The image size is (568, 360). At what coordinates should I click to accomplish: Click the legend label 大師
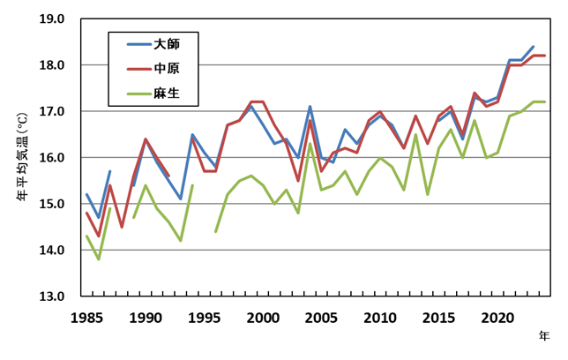pos(167,43)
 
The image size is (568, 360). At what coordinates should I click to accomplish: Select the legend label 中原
pos(167,68)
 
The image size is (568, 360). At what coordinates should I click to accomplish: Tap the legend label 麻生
pos(167,92)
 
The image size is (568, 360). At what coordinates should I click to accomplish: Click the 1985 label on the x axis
pos(86,317)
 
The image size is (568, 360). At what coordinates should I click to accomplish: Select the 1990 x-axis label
pos(145,317)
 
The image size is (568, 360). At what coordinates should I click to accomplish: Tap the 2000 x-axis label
pos(263,317)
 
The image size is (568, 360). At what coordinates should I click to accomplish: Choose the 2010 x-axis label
pos(379,317)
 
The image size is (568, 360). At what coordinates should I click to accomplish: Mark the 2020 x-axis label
pos(497,317)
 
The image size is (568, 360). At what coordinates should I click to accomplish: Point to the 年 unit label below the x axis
pos(545,336)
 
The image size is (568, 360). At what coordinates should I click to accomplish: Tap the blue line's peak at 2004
pos(310,107)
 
